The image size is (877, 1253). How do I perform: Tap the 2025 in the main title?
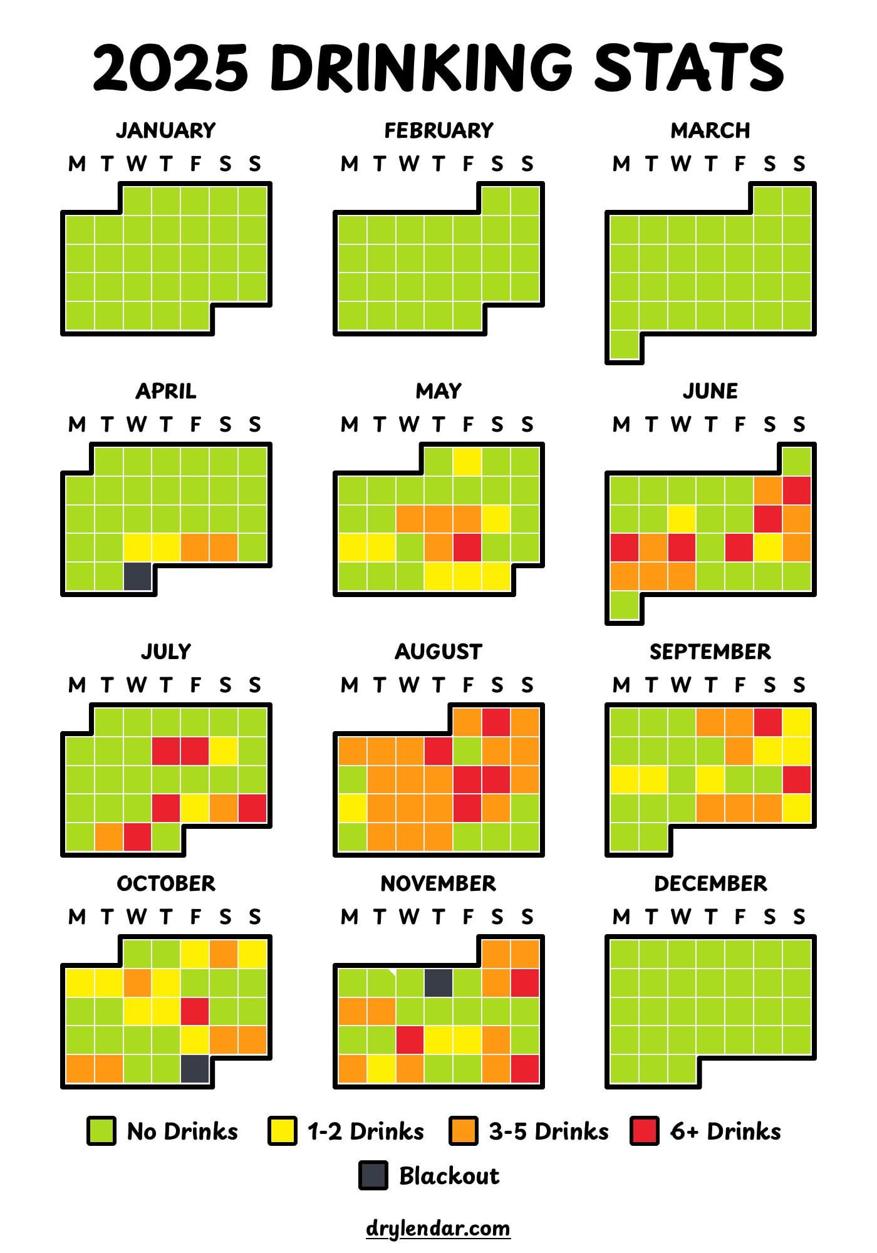click(170, 67)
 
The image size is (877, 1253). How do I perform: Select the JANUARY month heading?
click(166, 130)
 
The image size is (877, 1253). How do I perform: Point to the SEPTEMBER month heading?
click(710, 652)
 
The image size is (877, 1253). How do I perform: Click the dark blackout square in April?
click(137, 576)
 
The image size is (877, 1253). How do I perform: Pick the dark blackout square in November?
click(438, 982)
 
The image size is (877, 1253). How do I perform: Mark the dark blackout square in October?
click(195, 1069)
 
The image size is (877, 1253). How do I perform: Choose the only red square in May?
click(467, 548)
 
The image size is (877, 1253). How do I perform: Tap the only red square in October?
click(195, 1011)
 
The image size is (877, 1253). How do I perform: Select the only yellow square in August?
click(352, 808)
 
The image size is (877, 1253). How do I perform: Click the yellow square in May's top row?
click(467, 462)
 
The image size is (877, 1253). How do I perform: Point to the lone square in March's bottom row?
click(624, 345)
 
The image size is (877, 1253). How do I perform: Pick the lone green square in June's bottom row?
click(624, 605)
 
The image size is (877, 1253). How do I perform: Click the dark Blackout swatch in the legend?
click(373, 1175)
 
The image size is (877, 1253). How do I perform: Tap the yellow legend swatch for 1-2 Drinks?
click(282, 1131)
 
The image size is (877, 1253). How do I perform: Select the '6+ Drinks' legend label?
click(725, 1131)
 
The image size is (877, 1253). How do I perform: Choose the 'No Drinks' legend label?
click(182, 1131)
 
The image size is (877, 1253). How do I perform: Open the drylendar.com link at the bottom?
click(438, 1227)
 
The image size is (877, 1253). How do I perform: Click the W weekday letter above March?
click(680, 164)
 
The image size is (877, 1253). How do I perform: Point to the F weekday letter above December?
click(739, 917)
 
